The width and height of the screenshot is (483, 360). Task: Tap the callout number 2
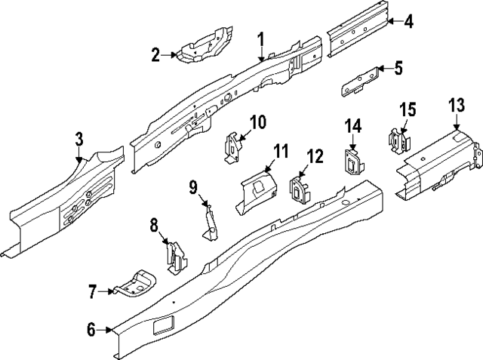[x=155, y=54]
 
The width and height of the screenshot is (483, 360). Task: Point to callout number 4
[x=408, y=21]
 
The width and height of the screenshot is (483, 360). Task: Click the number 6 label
[x=91, y=329]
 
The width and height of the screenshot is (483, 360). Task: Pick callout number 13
[x=456, y=106]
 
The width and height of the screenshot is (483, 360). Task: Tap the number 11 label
[x=281, y=152]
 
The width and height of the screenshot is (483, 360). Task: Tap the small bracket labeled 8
[x=175, y=257]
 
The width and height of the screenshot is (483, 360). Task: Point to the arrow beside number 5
[x=382, y=69]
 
